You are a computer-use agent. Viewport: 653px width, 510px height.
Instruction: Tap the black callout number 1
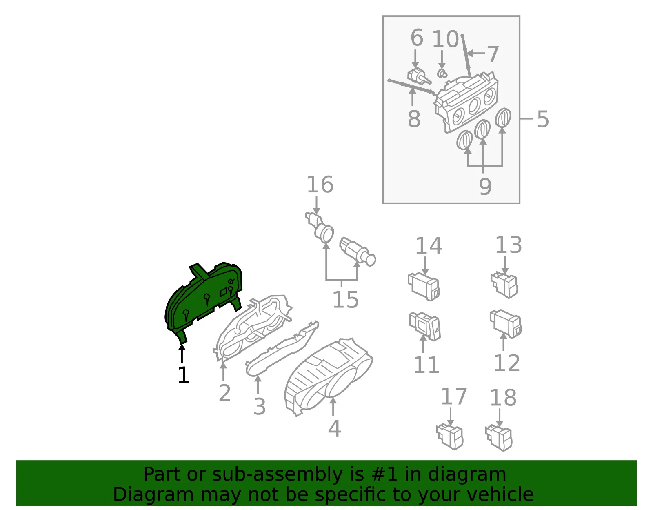pyautogui.click(x=184, y=375)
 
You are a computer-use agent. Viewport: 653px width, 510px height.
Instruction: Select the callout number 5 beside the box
pyautogui.click(x=543, y=119)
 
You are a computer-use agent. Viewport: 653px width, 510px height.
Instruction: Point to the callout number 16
pyautogui.click(x=320, y=184)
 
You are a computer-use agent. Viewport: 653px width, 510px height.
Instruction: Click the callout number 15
pyautogui.click(x=346, y=300)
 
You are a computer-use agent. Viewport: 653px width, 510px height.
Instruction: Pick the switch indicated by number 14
pyautogui.click(x=424, y=286)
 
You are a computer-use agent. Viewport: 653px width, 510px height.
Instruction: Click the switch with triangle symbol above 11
pyautogui.click(x=425, y=326)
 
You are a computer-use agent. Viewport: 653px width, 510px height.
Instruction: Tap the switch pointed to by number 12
pyautogui.click(x=506, y=324)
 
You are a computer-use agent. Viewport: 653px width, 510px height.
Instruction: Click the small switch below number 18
pyautogui.click(x=499, y=438)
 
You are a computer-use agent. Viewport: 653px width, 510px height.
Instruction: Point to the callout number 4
pyautogui.click(x=335, y=428)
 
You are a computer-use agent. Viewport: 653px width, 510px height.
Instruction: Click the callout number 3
pyautogui.click(x=259, y=407)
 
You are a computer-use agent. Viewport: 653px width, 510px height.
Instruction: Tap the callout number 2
pyautogui.click(x=225, y=393)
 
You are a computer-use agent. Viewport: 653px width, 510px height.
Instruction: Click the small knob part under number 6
pyautogui.click(x=419, y=76)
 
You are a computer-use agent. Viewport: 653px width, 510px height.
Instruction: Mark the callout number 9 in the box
pyautogui.click(x=485, y=187)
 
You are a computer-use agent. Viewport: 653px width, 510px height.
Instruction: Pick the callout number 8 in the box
pyautogui.click(x=414, y=119)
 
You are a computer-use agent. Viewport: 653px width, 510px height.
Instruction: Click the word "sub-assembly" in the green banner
pyautogui.click(x=277, y=474)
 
